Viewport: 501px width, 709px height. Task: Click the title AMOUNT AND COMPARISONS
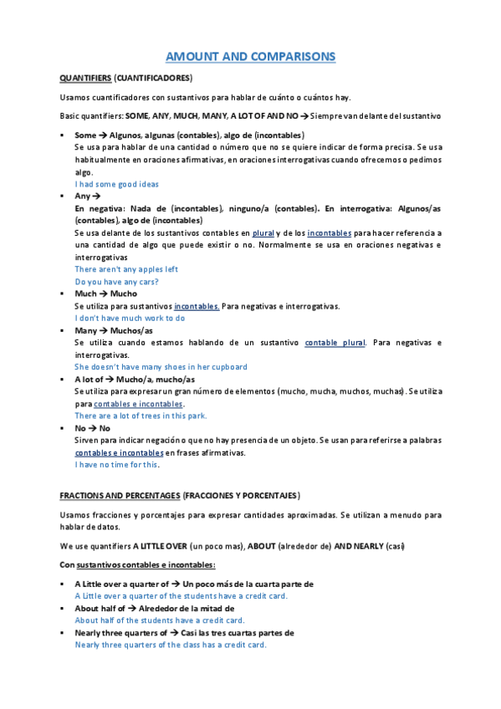250,56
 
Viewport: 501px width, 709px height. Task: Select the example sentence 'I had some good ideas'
116,184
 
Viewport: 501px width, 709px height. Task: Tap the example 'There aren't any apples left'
126,269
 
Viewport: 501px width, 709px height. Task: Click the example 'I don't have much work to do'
130,318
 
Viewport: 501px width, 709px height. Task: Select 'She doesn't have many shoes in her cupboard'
161,366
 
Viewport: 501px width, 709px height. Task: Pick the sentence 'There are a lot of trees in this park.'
141,416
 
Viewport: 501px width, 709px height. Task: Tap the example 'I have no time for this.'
116,464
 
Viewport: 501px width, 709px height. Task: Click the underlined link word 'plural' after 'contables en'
264,232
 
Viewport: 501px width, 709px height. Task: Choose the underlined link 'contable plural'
335,343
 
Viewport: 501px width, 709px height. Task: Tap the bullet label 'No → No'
92,428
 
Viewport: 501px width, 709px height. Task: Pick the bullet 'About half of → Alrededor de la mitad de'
154,609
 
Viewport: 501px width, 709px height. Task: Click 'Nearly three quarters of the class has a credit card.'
171,645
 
